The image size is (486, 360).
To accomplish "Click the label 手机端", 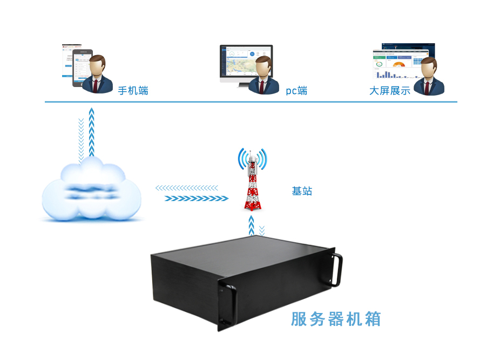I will [133, 91].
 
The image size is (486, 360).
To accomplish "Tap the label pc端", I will [296, 91].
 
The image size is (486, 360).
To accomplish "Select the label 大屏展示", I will [389, 91].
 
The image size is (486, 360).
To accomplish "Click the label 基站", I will [302, 191].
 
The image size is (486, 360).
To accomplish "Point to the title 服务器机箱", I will [336, 319].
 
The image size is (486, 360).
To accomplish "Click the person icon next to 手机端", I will [97, 75].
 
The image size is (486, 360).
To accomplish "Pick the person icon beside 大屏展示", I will [429, 77].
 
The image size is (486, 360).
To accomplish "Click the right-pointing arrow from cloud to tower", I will [197, 198].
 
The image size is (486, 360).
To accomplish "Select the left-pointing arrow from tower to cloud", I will [187, 188].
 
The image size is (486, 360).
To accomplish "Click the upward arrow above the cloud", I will [92, 132].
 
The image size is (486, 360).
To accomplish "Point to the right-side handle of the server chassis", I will [337, 269].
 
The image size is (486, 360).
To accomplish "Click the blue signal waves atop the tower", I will [252, 158].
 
